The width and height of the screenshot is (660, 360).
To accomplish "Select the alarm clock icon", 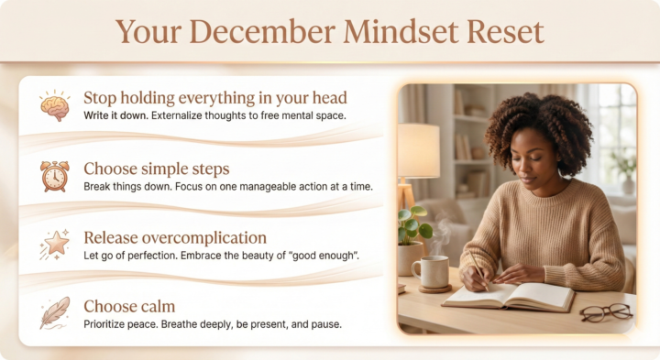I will coord(54,174).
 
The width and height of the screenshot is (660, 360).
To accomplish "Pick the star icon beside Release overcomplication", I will coord(54,244).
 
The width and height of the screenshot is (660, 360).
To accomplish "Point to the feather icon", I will coord(54,312).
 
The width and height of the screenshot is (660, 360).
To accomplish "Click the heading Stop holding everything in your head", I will coord(215,97).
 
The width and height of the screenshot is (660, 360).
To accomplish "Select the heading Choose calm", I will coord(129,305).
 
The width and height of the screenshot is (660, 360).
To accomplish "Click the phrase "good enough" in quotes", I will coord(324,254).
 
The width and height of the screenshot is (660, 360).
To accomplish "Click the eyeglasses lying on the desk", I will coord(606,312).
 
